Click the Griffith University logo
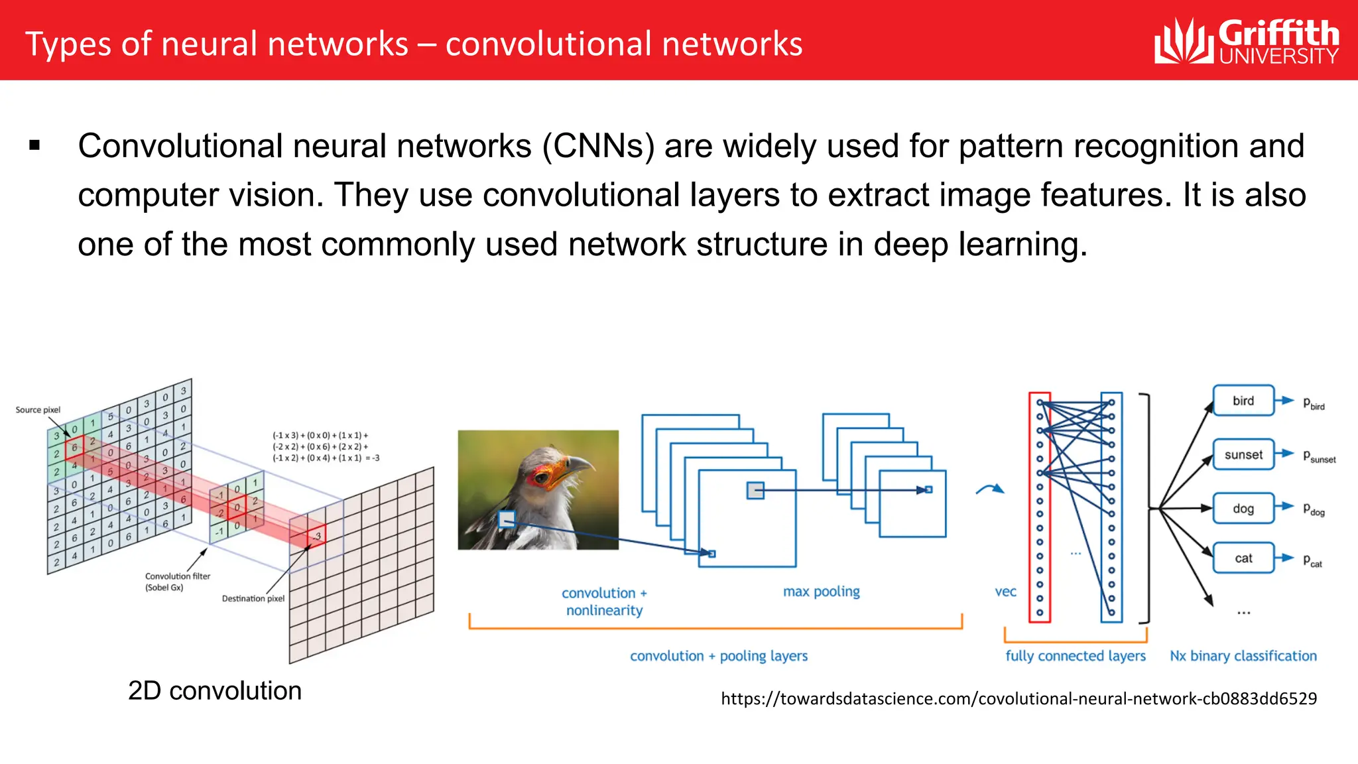1247,41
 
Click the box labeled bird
1243,401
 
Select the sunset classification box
1243,455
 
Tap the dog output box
1243,509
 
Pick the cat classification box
1243,558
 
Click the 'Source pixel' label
38,410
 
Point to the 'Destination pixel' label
253,598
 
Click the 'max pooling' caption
821,592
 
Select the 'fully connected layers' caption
1075,656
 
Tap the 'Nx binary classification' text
1243,656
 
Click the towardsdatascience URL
1018,698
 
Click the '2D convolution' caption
214,691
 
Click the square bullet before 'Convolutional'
35,145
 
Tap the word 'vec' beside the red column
1005,592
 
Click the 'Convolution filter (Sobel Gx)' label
177,582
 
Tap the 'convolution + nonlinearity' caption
604,602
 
